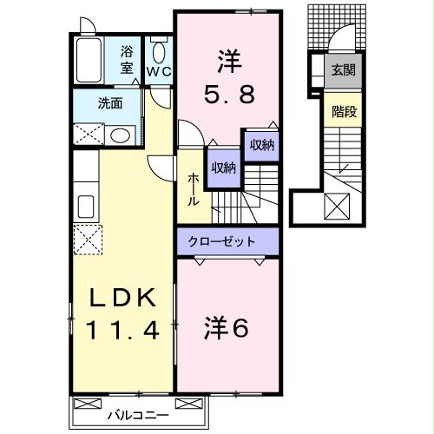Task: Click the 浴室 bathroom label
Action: pos(128,60)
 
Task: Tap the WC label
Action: pos(159,69)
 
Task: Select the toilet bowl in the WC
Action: pos(158,48)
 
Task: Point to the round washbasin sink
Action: pos(120,135)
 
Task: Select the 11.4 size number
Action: pos(121,330)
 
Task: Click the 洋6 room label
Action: pos(227,327)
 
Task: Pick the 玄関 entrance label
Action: pos(340,70)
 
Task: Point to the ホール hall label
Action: pos(194,188)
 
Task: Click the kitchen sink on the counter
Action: pos(86,207)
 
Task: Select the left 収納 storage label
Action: pos(222,168)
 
